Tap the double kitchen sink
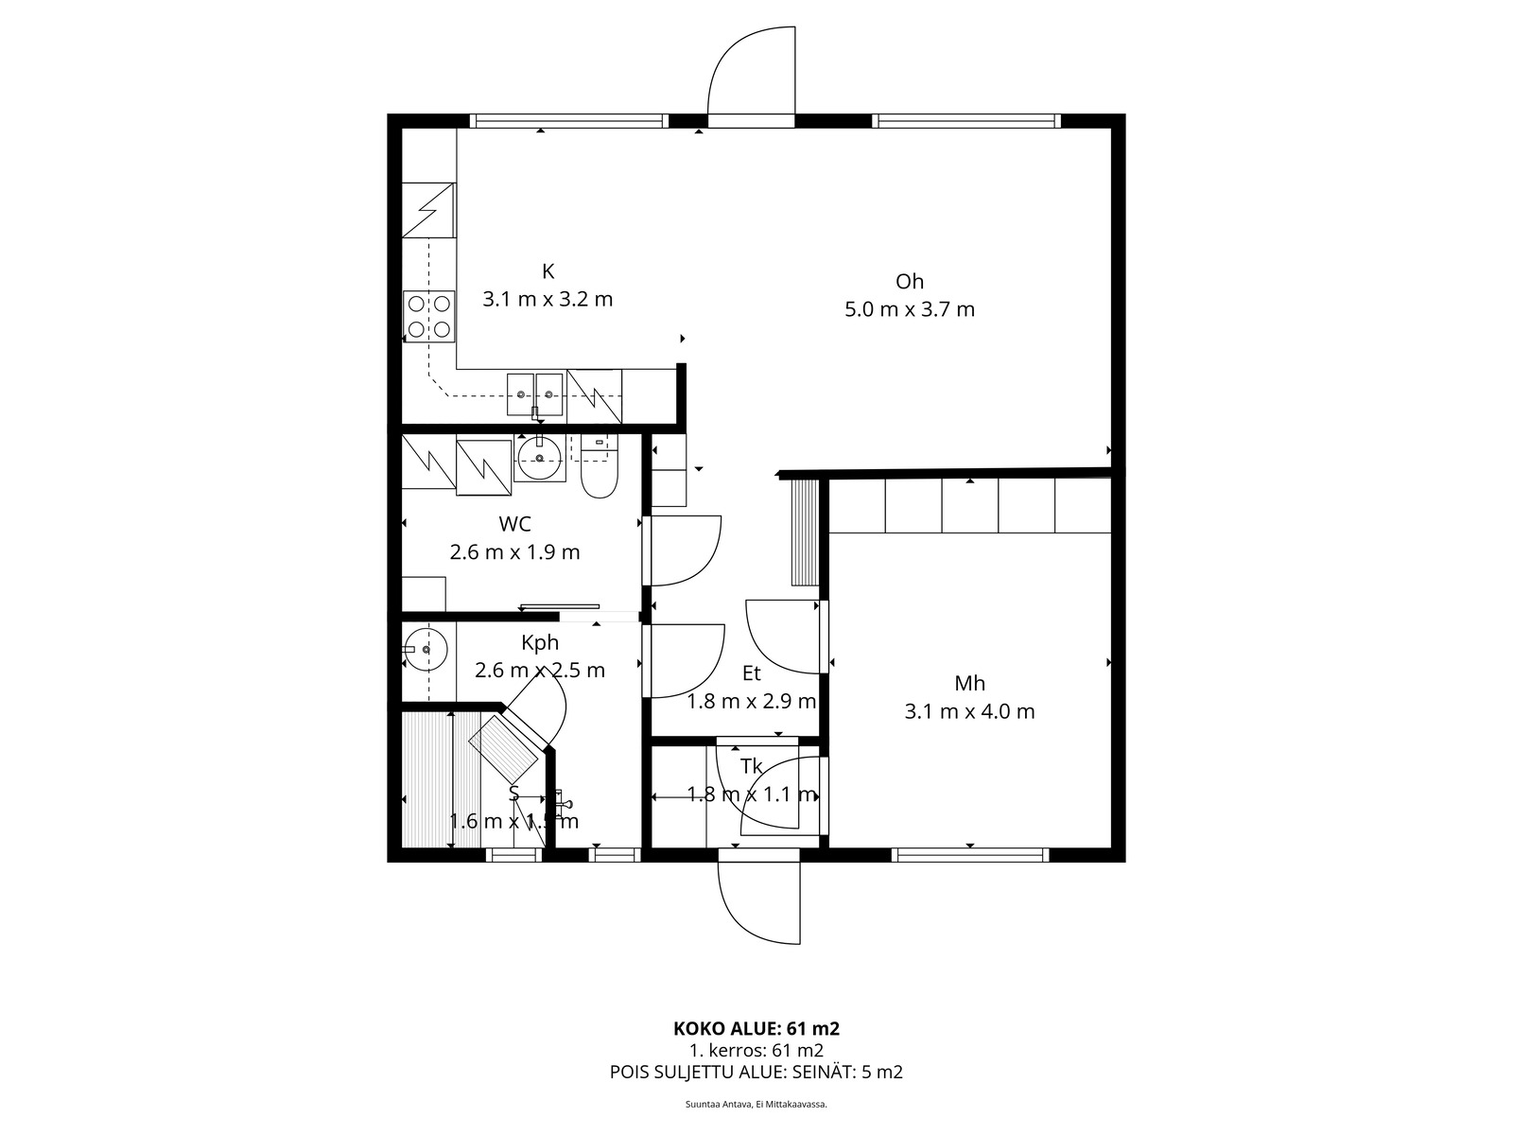tap(535, 393)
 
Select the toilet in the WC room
tap(598, 473)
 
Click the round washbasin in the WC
tap(540, 459)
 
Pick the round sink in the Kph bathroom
tap(425, 650)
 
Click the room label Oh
tap(909, 281)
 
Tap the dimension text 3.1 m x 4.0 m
tap(969, 711)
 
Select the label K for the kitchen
tap(548, 272)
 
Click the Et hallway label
tap(751, 673)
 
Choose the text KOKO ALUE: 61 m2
tap(756, 1028)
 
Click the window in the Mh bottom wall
tap(970, 855)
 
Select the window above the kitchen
tap(567, 121)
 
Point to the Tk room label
tap(751, 766)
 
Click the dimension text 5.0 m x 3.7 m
tap(909, 309)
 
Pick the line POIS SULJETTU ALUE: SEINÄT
tap(756, 1073)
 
